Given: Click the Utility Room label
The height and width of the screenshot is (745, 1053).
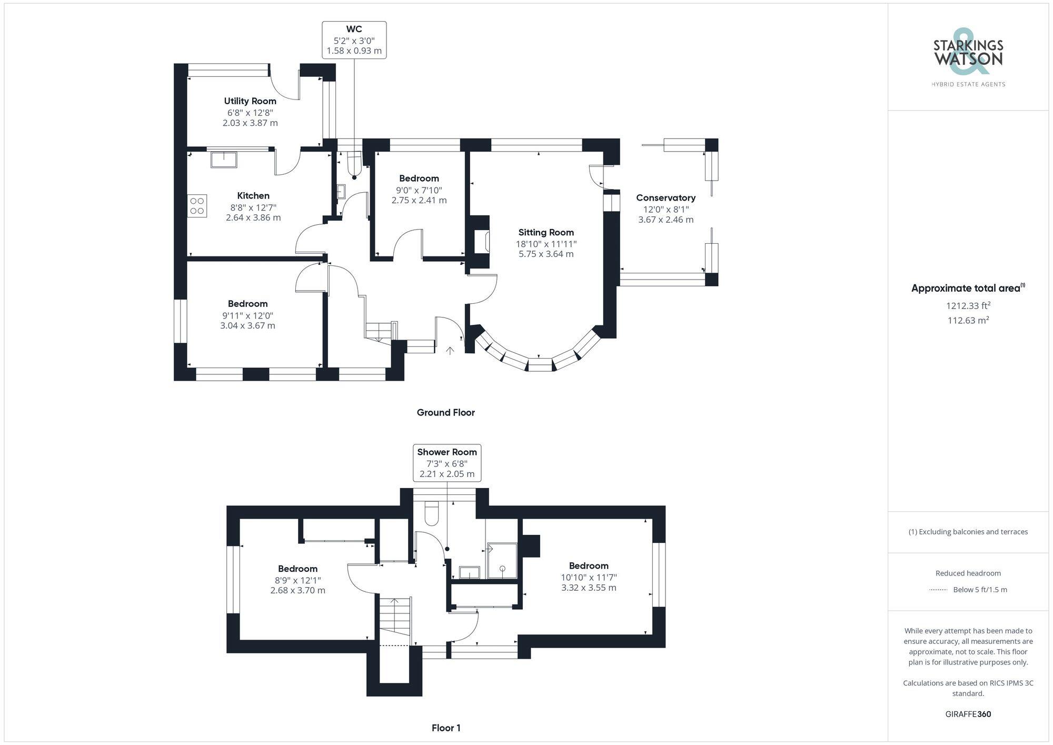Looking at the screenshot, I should point(250,101).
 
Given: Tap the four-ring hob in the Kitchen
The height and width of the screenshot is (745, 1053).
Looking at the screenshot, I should point(197,206).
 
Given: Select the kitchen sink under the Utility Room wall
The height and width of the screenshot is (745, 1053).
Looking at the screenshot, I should point(224,159).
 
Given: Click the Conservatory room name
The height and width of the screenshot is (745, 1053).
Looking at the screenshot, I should point(665,198).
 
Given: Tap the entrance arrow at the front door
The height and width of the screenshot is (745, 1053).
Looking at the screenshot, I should point(450,351).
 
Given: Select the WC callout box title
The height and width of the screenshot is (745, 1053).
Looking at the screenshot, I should point(354,29).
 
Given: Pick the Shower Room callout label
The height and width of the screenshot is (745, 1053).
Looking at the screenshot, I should point(447,452).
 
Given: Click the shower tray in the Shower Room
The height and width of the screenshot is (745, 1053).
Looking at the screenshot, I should point(502,560).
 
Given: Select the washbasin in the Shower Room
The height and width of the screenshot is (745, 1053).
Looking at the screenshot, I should point(469,572).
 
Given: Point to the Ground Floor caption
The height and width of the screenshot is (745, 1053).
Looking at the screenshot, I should point(446,413).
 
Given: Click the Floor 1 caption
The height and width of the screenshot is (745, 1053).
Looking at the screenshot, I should point(446,728).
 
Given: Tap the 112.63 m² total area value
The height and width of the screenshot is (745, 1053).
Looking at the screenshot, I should point(968,320).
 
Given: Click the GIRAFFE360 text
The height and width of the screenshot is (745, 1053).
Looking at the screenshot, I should point(968,714).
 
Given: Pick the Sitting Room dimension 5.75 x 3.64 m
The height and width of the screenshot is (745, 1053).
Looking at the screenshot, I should point(546,254).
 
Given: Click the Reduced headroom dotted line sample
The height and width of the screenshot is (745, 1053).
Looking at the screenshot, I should point(938,590).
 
